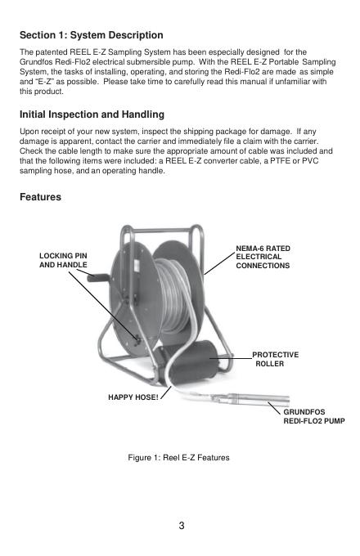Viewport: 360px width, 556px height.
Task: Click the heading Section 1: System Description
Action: click(92, 35)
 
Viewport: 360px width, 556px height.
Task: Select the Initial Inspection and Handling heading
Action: click(92, 114)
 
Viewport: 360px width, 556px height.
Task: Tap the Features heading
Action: click(40, 197)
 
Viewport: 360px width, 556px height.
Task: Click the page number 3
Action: click(182, 526)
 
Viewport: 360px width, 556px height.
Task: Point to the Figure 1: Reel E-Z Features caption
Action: click(178, 457)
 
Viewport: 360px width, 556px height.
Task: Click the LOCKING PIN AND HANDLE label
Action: click(63, 260)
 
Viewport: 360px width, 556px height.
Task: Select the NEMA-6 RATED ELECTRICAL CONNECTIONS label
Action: click(263, 257)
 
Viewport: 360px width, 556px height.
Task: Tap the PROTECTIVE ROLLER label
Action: click(275, 359)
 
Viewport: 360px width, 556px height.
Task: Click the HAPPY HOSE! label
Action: click(133, 397)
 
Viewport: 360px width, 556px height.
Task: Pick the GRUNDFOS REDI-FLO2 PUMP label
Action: click(314, 417)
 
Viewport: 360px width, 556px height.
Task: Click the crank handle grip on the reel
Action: click(98, 277)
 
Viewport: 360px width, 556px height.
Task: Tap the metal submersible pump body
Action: click(248, 399)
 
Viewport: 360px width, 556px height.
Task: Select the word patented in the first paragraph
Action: click(51, 52)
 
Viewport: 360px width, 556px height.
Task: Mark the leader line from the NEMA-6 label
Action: click(220, 263)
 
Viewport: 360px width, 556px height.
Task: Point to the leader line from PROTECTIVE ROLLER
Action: click(231, 358)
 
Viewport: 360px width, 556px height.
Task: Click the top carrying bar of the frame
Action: click(161, 231)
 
